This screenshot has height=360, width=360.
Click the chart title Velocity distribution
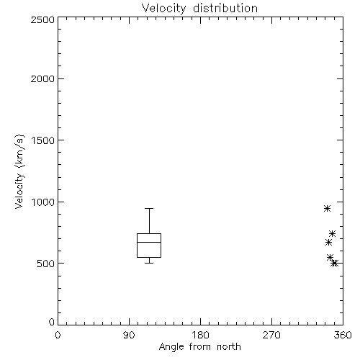coord(199,9)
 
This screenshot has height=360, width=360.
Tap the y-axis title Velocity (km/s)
coord(19,171)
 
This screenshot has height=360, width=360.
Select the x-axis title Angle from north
coord(200,347)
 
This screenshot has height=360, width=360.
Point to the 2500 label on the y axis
coord(42,19)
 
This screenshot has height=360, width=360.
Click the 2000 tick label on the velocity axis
coord(42,78)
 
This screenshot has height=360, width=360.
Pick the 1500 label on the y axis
coord(43,140)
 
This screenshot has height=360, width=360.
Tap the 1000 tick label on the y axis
coord(43,202)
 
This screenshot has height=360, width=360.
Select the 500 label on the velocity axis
coord(46,264)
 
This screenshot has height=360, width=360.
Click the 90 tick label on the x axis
coord(129,335)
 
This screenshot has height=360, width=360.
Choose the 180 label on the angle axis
coord(200,335)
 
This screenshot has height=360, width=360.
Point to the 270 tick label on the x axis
coord(271,335)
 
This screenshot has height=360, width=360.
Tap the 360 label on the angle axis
coord(343,335)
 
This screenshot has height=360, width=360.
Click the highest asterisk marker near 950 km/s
coord(327,208)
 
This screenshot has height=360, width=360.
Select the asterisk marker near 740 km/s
coord(333,233)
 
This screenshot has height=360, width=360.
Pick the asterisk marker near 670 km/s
coord(329,243)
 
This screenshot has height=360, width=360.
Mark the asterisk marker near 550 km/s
coord(330,257)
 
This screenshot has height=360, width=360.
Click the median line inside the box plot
coord(149,242)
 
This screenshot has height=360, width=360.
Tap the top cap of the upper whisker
coord(149,208)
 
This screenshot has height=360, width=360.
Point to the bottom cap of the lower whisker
coord(149,264)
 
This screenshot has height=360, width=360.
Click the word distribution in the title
coord(225,8)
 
